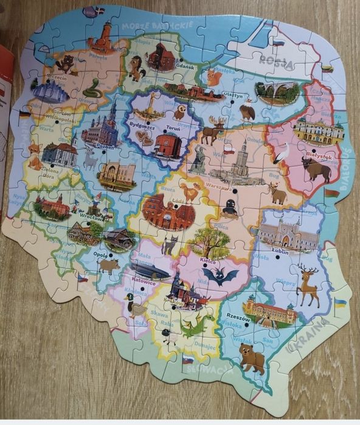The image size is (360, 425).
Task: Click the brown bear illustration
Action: click(251, 358)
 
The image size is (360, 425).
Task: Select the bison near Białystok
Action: click(316, 170)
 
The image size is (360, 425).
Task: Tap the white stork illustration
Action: click(281, 153)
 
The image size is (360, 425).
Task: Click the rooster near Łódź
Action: click(192, 193)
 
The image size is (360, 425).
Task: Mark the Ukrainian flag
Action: click(340, 302)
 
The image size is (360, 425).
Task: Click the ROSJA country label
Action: click(276, 60)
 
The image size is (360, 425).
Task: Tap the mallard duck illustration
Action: click(134, 304)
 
